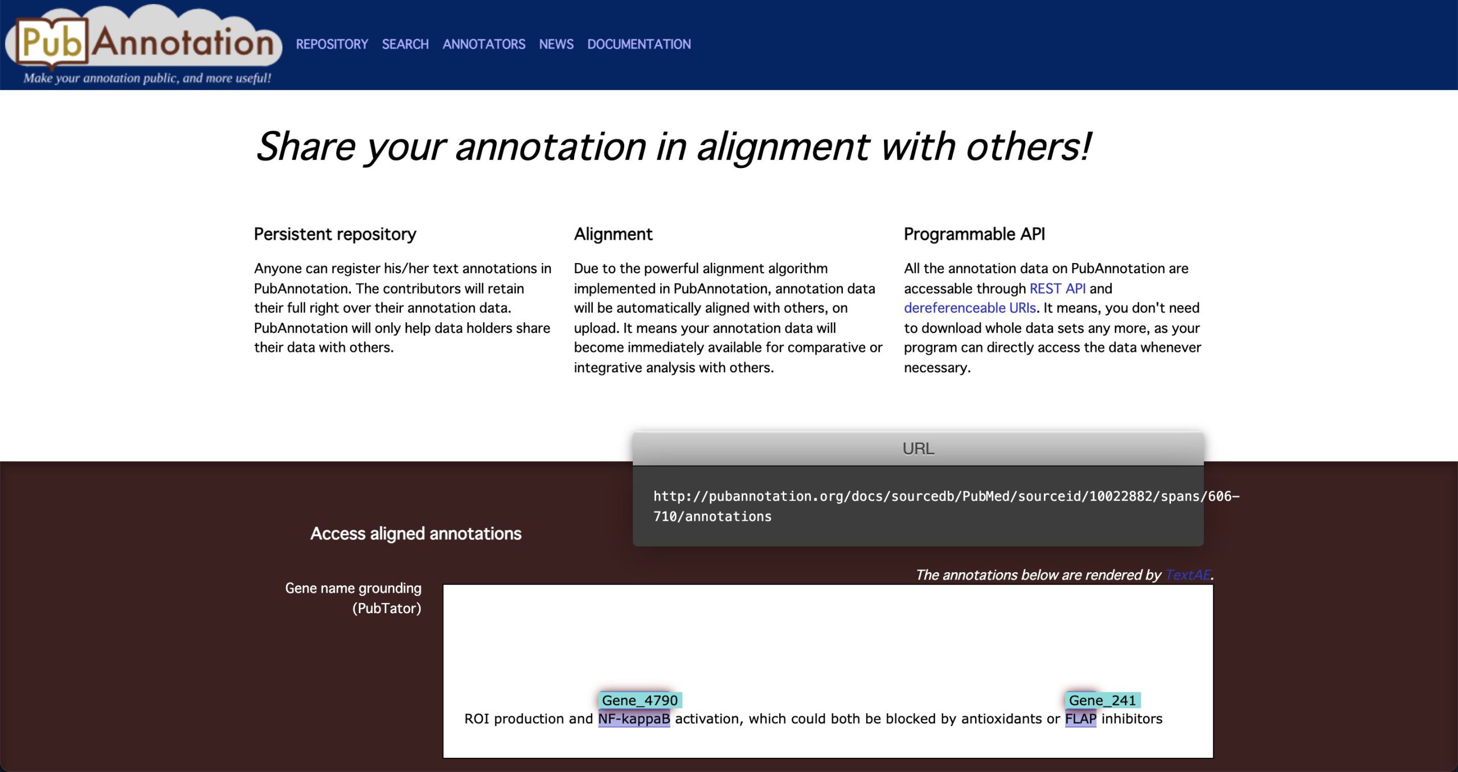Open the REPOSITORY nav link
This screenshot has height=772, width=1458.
(x=332, y=44)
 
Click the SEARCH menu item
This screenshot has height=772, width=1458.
(x=405, y=44)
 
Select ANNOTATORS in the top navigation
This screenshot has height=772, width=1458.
(x=484, y=44)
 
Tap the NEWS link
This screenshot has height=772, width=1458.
(x=556, y=44)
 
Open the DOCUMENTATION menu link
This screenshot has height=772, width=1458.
(x=638, y=44)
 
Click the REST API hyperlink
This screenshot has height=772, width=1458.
(x=1057, y=289)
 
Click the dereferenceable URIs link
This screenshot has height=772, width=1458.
(x=969, y=308)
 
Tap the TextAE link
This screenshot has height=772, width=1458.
(x=1187, y=575)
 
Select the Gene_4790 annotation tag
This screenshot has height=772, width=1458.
(x=640, y=700)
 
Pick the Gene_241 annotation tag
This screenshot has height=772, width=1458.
(x=1102, y=700)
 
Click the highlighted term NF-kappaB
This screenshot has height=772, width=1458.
(x=634, y=719)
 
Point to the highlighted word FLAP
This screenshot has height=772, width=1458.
(x=1080, y=719)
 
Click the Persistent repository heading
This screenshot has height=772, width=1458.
(x=335, y=234)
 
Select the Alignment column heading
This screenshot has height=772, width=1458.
(x=613, y=234)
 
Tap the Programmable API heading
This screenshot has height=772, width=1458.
(x=974, y=234)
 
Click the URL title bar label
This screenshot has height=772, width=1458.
(x=918, y=449)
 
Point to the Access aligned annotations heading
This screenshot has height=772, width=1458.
(x=416, y=533)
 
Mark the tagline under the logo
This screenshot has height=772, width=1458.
(x=147, y=78)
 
